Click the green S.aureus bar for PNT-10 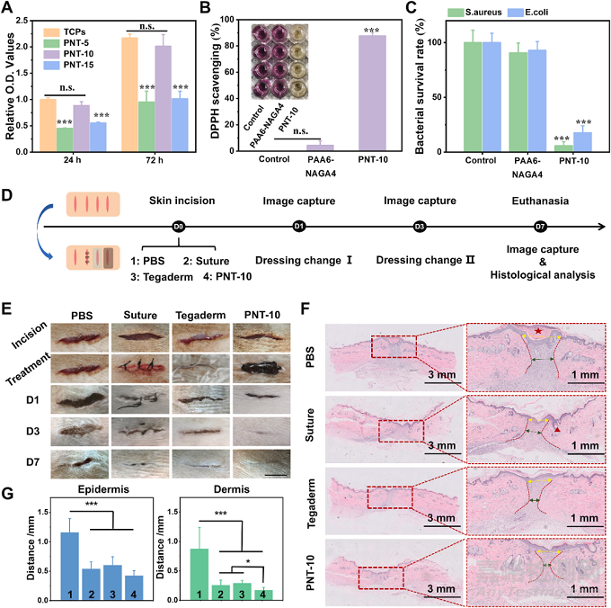click(x=538, y=148)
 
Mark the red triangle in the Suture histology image click(x=560, y=433)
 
